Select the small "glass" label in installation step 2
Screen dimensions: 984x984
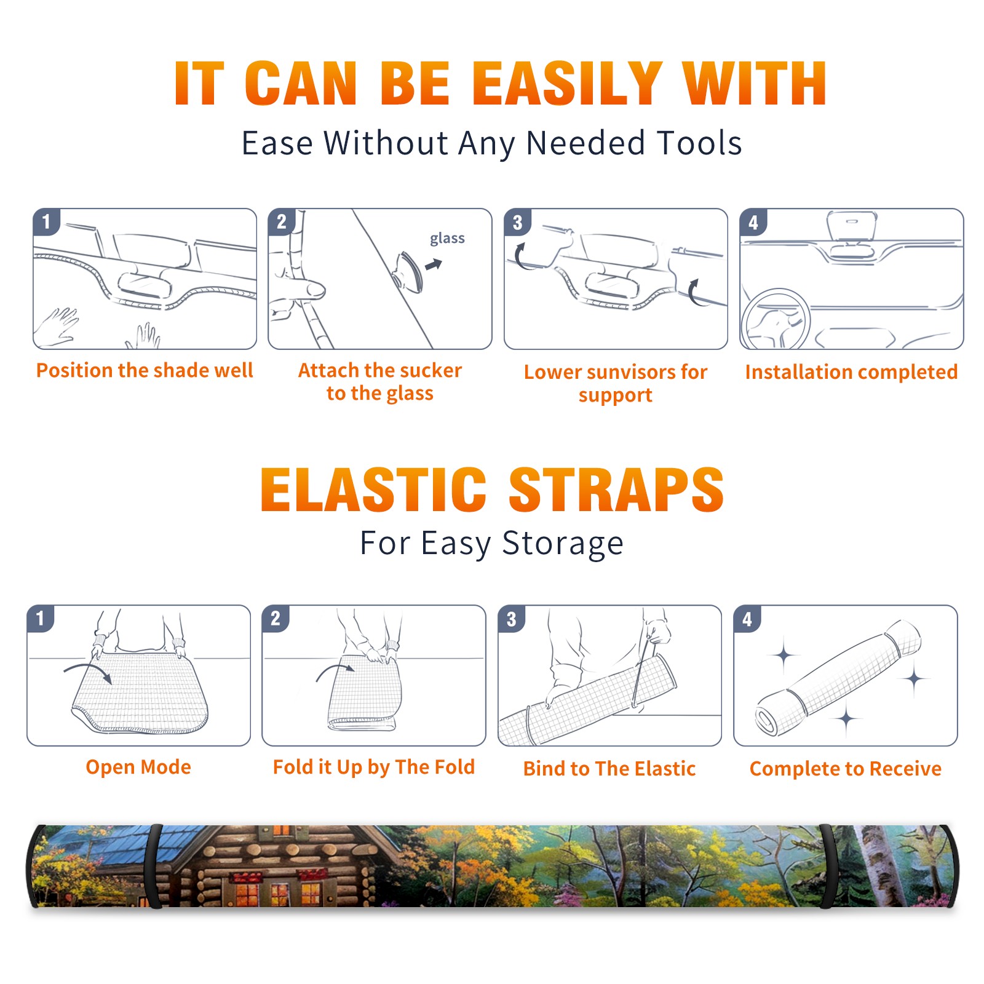pos(447,239)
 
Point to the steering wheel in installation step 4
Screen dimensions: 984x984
pos(776,319)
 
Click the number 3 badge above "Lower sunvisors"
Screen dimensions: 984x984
pos(517,222)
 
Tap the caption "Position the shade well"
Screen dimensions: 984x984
pos(145,370)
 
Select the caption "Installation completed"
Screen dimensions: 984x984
pos(851,372)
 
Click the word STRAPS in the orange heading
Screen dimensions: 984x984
pos(616,490)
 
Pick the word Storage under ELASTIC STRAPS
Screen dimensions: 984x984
pos(563,544)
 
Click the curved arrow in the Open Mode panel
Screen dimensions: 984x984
pos(88,672)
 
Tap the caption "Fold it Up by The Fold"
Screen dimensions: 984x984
pos(374,768)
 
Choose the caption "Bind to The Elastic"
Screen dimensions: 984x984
pos(609,769)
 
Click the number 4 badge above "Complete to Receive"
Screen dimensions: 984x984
pos(747,619)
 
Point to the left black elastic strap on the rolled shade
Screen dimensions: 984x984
pos(154,867)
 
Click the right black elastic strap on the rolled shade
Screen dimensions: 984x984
pos(827,867)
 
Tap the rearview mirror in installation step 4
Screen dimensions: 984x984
pos(852,226)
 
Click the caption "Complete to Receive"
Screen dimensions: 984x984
pos(846,769)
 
